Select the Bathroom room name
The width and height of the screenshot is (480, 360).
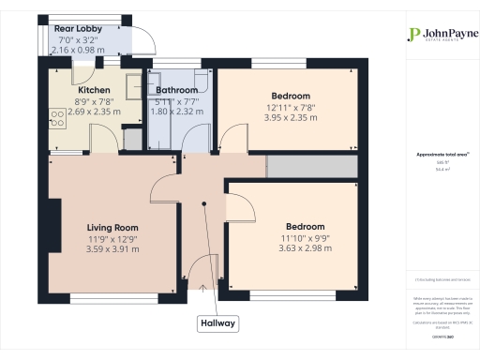pyautogui.click(x=176, y=90)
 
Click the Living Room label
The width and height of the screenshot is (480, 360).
pyautogui.click(x=112, y=227)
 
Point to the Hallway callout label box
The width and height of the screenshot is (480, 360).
pyautogui.click(x=217, y=323)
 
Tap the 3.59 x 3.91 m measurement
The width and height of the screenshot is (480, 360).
pyautogui.click(x=112, y=249)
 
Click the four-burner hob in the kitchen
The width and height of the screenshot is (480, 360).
pyautogui.click(x=57, y=118)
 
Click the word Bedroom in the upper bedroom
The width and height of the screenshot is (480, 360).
pyautogui.click(x=292, y=96)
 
